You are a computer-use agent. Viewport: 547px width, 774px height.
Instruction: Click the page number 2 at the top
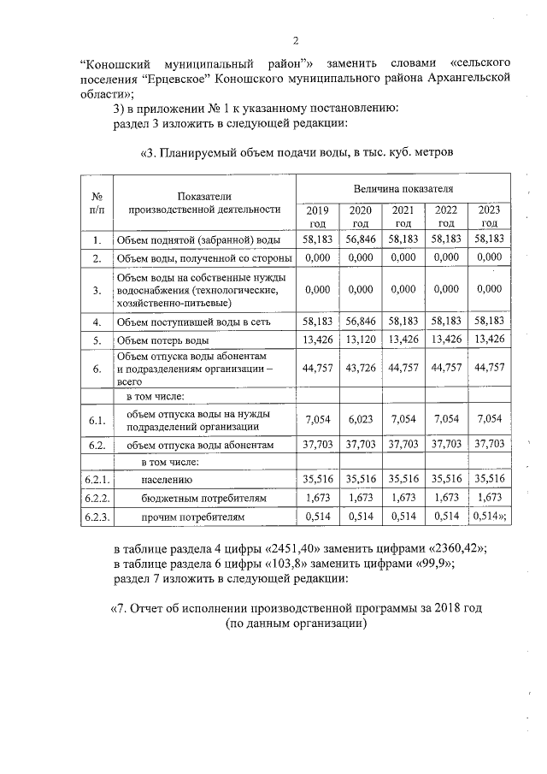coord(295,40)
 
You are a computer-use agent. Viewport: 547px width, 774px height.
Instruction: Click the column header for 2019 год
coord(317,216)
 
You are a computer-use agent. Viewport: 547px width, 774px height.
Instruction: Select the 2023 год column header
coord(490,216)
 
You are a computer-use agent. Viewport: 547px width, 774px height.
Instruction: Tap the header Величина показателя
coord(403,186)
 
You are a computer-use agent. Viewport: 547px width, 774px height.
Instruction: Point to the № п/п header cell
coord(97,203)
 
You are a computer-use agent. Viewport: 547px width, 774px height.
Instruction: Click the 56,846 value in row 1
coord(361,239)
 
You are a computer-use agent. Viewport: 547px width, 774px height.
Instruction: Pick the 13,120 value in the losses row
coord(361,340)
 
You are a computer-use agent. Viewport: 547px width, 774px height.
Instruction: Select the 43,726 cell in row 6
coord(361,369)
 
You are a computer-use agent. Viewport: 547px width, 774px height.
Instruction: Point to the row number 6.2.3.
coord(97,517)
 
